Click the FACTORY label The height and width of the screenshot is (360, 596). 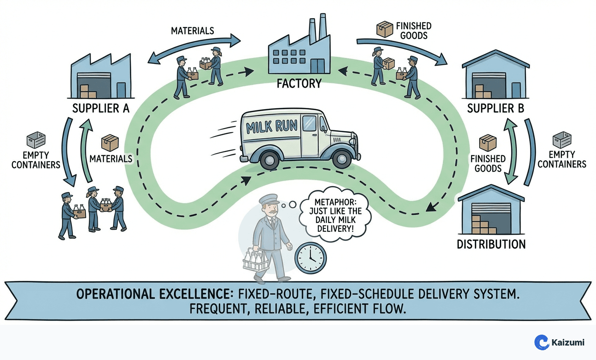tap(299, 83)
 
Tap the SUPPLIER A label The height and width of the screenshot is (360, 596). tap(101, 108)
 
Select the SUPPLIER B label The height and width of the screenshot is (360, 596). tap(495, 108)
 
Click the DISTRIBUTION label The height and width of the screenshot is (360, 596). tap(491, 244)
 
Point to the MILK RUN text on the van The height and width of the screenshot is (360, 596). tap(272, 126)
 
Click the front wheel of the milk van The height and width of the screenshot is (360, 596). tap(342, 158)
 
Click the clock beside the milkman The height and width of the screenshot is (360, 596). tap(310, 258)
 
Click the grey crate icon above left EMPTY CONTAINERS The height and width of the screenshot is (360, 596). tap(36, 140)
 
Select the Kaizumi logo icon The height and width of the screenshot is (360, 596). tap(541, 342)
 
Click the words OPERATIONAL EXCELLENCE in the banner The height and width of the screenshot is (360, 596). tap(152, 294)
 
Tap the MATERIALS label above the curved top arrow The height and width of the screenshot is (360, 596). tap(193, 31)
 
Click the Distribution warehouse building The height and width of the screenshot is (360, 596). tap(491, 212)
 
